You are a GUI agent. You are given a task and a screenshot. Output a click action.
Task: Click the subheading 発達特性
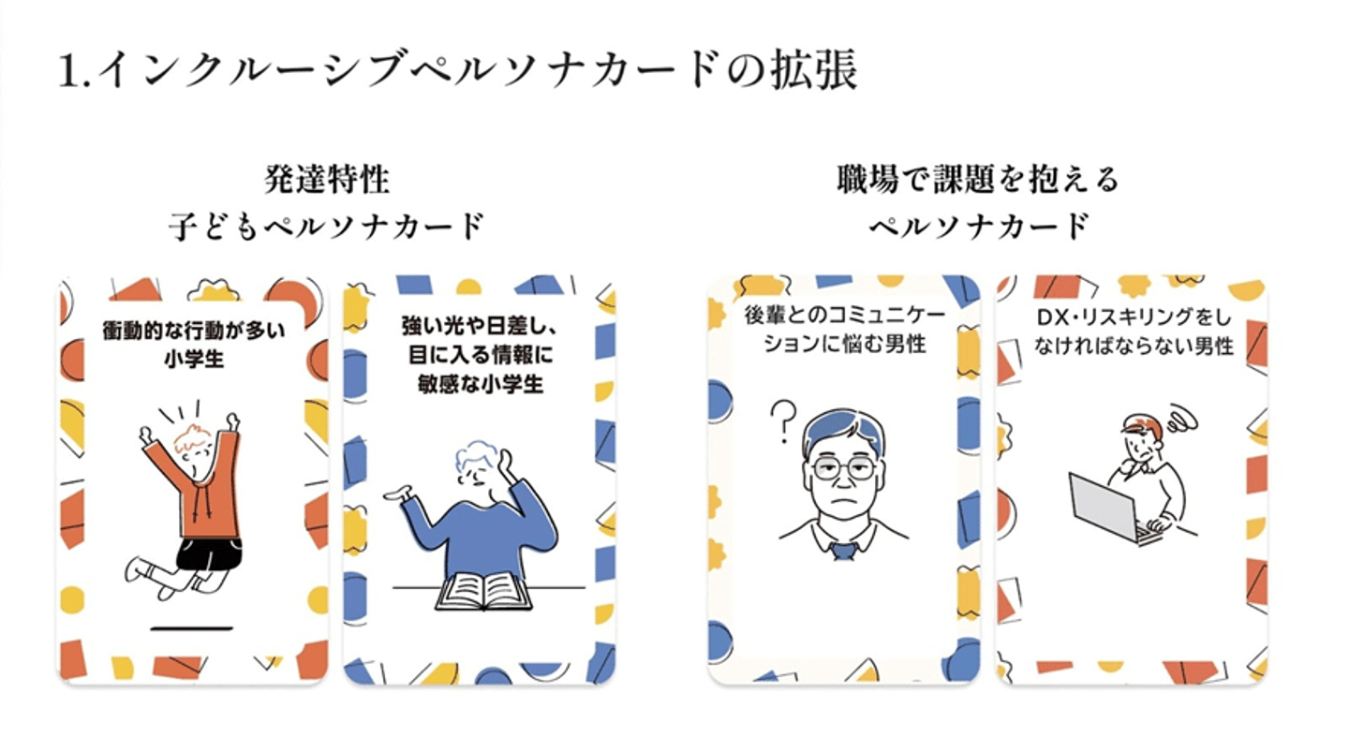tap(327, 179)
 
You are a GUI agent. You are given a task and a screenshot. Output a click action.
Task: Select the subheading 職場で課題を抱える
tap(978, 179)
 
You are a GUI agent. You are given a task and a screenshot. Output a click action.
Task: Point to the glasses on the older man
tap(843, 467)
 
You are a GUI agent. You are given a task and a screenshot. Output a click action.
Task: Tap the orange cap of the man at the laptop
tap(1144, 427)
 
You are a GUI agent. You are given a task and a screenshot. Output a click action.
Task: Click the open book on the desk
tap(483, 591)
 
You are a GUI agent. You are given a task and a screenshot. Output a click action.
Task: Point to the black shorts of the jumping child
tap(209, 553)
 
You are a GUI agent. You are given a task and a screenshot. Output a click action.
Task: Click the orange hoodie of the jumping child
tap(201, 487)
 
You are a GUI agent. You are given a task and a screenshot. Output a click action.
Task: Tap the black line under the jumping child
tap(191, 627)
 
